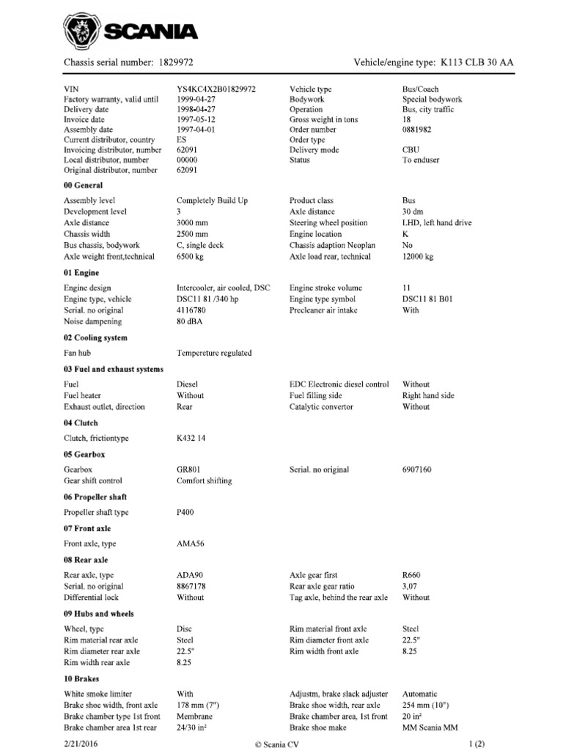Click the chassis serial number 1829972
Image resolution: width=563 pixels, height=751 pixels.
(x=175, y=63)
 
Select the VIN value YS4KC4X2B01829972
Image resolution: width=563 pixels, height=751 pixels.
(x=216, y=89)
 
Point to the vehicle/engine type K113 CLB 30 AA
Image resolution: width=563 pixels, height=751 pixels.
(x=476, y=63)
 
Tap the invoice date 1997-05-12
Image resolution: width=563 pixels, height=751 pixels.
(x=196, y=120)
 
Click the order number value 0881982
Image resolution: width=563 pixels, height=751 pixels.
(x=419, y=130)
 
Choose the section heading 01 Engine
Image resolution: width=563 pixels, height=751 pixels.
(x=82, y=273)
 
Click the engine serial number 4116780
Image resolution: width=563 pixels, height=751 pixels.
(x=191, y=310)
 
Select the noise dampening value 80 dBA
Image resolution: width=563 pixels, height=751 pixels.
(x=190, y=321)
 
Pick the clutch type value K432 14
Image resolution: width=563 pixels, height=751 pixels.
(x=193, y=439)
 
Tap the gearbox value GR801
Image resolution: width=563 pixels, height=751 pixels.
(x=189, y=469)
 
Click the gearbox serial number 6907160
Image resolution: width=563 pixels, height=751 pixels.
(x=418, y=469)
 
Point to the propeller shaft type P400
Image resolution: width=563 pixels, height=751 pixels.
(x=186, y=513)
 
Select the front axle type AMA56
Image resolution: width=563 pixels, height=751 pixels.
(x=189, y=544)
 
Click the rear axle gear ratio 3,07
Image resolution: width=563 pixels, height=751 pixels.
(x=411, y=586)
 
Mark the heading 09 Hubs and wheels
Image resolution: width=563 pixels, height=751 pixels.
(x=99, y=613)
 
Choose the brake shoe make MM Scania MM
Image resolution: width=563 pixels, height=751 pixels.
(x=430, y=728)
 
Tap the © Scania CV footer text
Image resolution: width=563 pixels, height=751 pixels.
(x=281, y=743)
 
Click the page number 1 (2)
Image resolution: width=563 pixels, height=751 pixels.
(x=476, y=743)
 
